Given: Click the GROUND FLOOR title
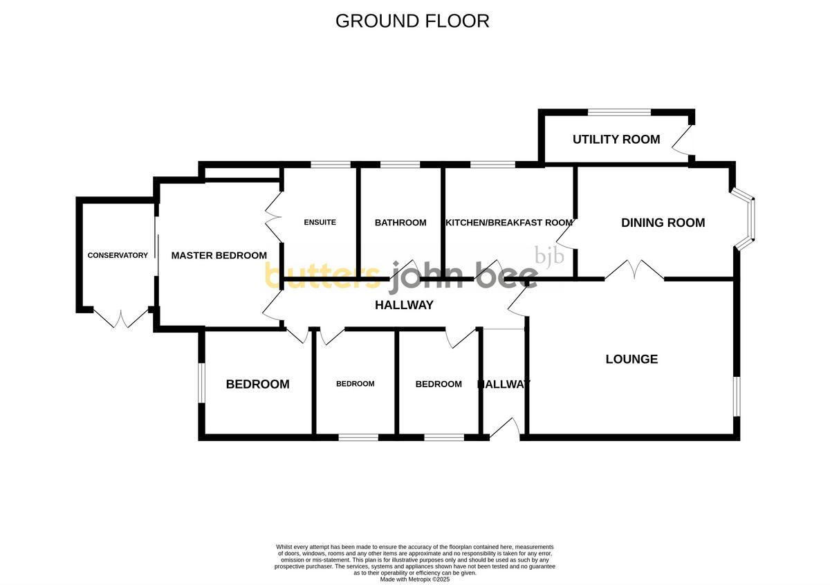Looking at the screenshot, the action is (x=412, y=21).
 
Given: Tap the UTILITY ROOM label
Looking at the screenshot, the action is (x=616, y=140).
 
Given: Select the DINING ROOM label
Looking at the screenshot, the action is (x=663, y=223).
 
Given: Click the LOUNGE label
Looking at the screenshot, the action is (x=631, y=359).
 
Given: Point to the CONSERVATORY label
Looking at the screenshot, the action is (x=118, y=255).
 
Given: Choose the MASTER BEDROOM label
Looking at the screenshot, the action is (x=219, y=255).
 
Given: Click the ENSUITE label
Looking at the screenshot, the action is (x=320, y=223).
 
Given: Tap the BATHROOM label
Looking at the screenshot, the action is (x=400, y=223).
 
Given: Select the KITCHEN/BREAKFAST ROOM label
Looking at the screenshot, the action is (x=509, y=223).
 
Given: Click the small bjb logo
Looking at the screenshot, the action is (x=550, y=257).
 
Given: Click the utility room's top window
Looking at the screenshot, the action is (x=618, y=112).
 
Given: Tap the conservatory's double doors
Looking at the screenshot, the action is (x=121, y=318).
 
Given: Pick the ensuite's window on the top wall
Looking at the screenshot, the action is (x=331, y=165).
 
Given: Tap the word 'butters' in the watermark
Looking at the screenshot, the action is (x=322, y=276).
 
